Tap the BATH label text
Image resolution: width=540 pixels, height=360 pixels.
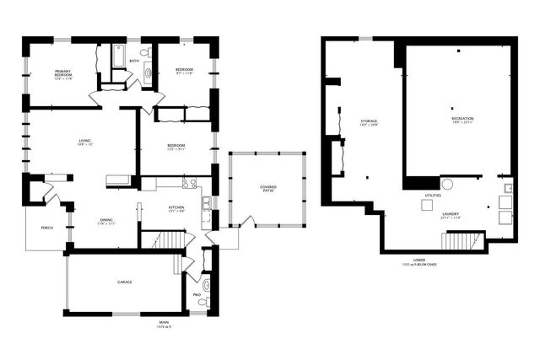[x=134, y=61]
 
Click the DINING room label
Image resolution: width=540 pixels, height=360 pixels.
[x=106, y=220]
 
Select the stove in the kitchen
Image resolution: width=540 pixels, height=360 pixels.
[x=189, y=183]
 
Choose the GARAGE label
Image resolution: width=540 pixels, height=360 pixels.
[x=124, y=282]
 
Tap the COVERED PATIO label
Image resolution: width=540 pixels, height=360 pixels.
[x=267, y=188]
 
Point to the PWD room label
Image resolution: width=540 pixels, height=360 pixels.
[x=197, y=294]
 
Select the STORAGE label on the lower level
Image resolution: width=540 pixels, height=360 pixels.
[x=369, y=122]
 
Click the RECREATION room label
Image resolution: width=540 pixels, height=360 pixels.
[x=462, y=120]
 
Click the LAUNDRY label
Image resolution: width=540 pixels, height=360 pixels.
[x=451, y=214]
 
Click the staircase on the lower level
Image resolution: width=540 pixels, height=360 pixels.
[x=460, y=241]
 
